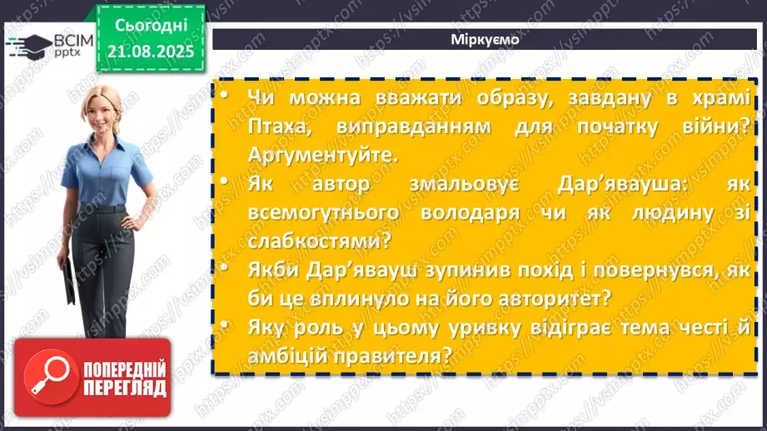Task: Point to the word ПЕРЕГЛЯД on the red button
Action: pyautogui.click(x=124, y=388)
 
